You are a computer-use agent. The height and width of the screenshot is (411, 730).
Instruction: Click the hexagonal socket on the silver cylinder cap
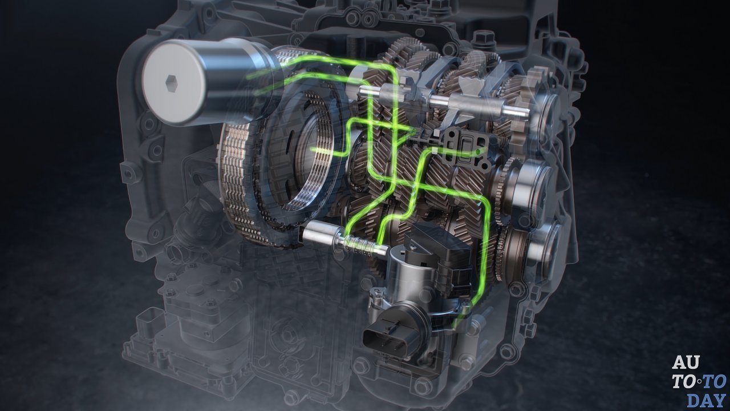pyautogui.click(x=172, y=84)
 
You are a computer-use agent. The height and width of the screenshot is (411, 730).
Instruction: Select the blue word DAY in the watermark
pyautogui.click(x=708, y=400)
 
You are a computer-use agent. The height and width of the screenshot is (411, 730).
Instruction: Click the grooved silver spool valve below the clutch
pyautogui.click(x=346, y=243)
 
